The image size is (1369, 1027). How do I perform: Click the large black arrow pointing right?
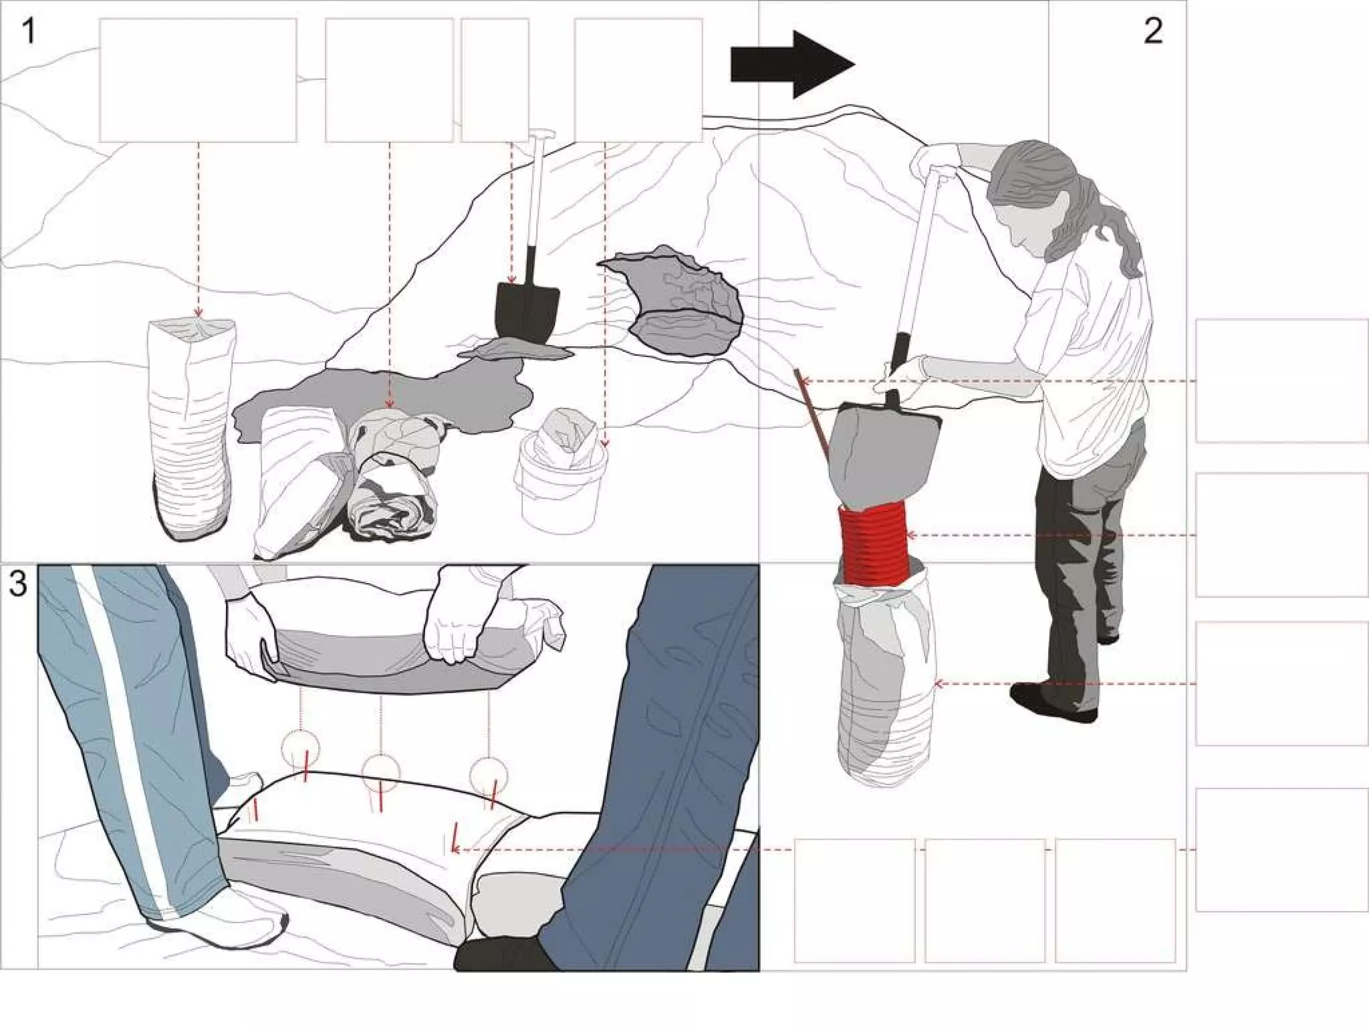792,65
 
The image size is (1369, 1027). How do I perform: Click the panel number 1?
28,31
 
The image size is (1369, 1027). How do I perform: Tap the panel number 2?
1153,31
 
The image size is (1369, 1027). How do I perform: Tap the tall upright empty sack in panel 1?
193,428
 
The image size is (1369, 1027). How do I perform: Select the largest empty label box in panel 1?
198,80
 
